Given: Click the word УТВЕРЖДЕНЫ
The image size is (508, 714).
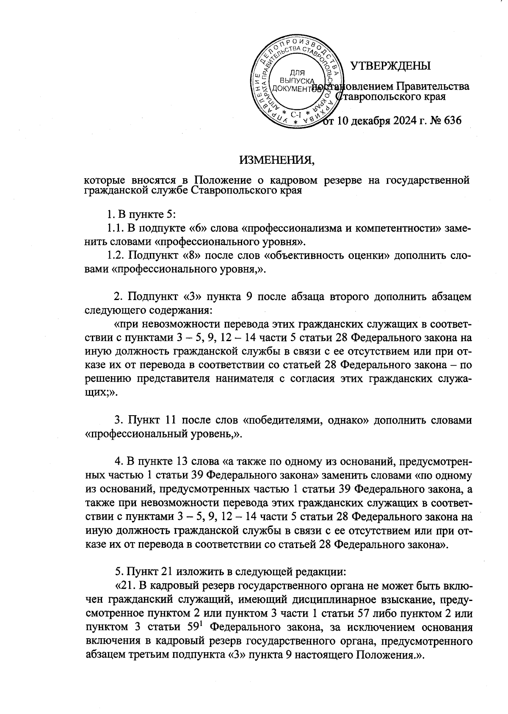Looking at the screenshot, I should point(390,66).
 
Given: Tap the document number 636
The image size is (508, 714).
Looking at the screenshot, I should point(450,121).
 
